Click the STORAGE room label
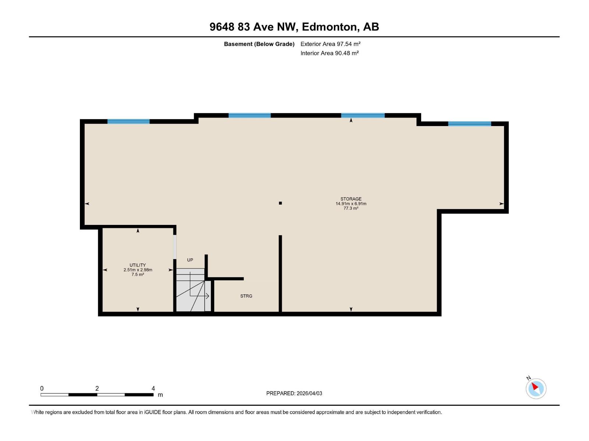(351, 199)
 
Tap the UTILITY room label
(137, 265)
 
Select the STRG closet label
(246, 296)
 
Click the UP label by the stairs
(190, 260)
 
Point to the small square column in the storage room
(280, 203)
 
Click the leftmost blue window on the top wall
(128, 121)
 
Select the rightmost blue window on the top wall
(469, 123)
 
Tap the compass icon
(536, 388)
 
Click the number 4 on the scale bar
(153, 388)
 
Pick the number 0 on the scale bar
(42, 388)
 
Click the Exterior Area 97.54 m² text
(330, 44)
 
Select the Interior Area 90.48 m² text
(329, 53)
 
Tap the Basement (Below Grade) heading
(259, 44)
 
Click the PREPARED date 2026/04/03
(309, 393)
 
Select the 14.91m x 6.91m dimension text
(351, 204)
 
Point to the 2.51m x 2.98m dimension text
(138, 270)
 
